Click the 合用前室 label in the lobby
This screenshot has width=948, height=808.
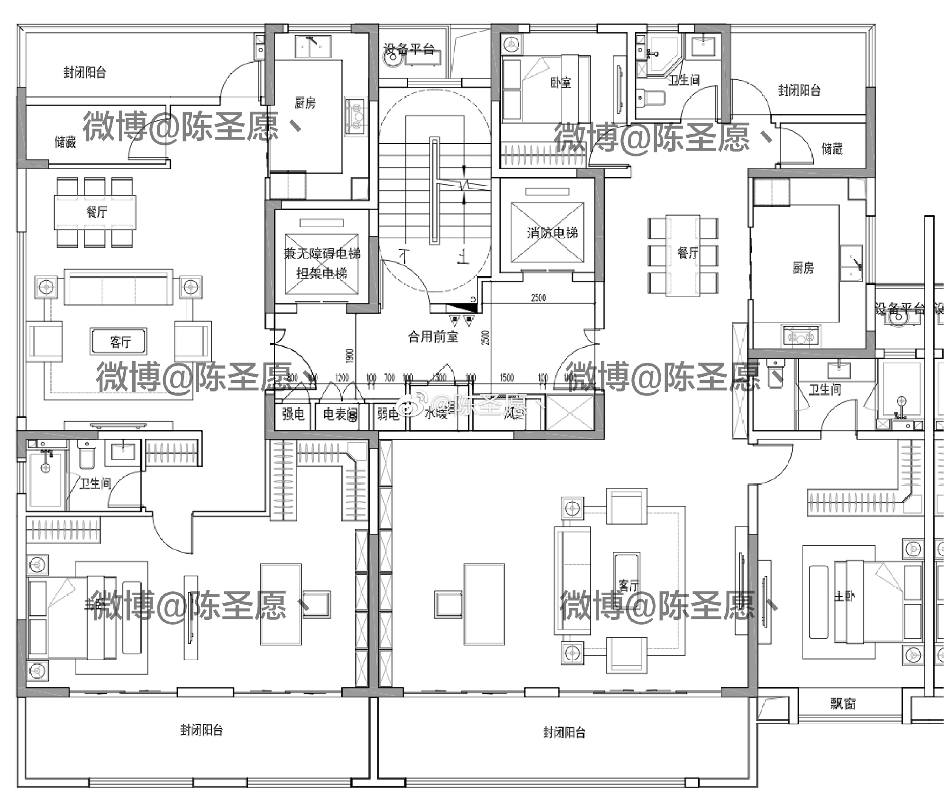[433, 337]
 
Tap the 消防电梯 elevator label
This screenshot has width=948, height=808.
[552, 233]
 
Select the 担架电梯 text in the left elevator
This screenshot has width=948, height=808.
[321, 273]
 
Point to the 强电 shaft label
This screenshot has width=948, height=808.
[293, 414]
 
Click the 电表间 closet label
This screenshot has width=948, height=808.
[340, 415]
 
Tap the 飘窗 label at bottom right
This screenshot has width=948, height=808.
[843, 704]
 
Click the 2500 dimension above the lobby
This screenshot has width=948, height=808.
[538, 298]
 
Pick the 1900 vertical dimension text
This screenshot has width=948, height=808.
[350, 356]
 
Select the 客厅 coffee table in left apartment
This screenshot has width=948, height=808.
[119, 342]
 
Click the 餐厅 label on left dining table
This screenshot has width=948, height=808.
[97, 212]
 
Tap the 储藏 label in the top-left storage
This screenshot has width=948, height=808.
[65, 142]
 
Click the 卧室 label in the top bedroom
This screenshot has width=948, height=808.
[561, 82]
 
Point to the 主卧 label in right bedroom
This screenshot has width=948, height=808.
[844, 596]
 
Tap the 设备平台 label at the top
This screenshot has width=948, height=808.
[409, 49]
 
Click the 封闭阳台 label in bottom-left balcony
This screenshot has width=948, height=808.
[201, 730]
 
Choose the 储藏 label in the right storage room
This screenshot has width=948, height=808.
[832, 149]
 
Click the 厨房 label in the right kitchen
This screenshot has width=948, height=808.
[803, 268]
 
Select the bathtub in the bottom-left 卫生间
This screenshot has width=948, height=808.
[46, 479]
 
